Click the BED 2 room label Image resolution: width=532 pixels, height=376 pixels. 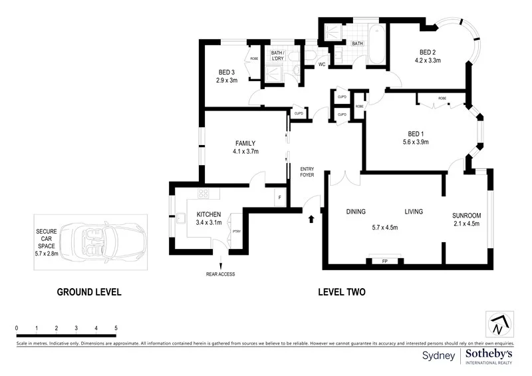click(x=428, y=52)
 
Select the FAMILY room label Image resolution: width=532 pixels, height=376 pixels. click(x=245, y=143)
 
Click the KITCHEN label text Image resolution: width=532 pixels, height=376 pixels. click(x=208, y=214)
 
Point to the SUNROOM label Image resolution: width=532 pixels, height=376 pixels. click(x=466, y=216)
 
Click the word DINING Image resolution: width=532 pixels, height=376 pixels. click(x=356, y=212)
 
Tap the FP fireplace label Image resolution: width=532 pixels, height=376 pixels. click(x=384, y=262)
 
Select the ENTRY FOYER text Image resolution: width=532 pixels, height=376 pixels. click(x=307, y=172)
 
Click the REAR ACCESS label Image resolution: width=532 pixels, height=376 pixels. click(x=221, y=274)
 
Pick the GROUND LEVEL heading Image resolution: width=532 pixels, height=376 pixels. click(x=89, y=291)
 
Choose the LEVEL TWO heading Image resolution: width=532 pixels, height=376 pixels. click(x=342, y=291)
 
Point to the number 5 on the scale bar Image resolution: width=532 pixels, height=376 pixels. click(x=116, y=329)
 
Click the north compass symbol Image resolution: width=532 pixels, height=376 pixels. click(x=499, y=324)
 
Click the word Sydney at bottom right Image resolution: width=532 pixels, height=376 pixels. click(x=439, y=356)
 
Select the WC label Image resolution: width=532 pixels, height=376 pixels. click(x=321, y=65)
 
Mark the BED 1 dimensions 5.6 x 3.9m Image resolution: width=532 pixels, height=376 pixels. click(x=416, y=142)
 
